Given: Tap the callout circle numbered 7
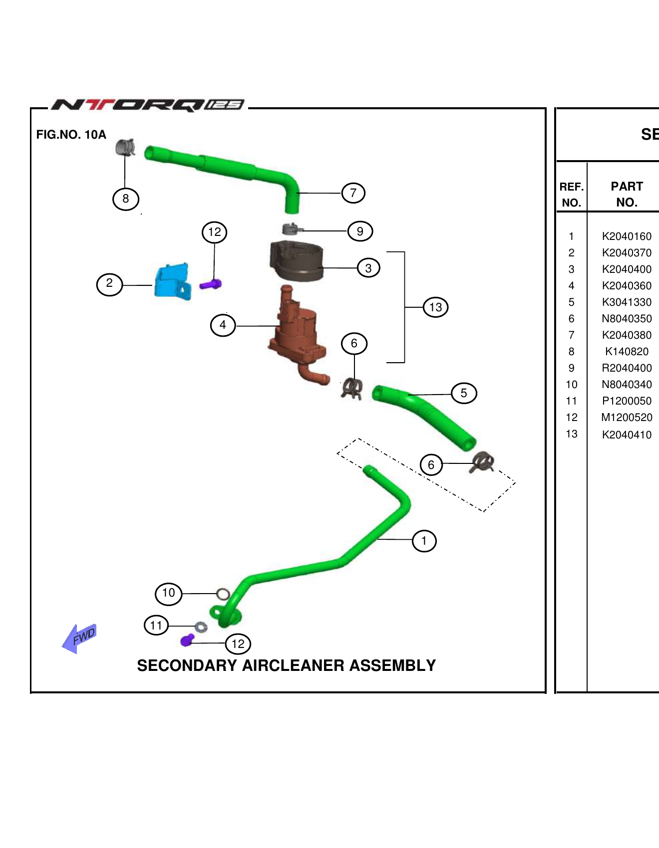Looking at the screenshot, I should tap(353, 193).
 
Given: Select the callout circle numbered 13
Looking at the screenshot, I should tap(435, 307).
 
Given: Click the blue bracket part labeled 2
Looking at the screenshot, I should tap(173, 282).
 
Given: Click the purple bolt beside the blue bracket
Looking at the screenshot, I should tap(211, 285).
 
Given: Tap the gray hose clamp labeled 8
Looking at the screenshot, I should tap(125, 147).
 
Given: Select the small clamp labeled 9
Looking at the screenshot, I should tap(292, 229).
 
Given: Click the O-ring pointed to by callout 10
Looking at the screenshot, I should tap(223, 594).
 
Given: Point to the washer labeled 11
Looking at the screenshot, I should tap(201, 627).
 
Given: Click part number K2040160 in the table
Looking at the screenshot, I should tap(627, 236).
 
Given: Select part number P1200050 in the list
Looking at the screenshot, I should tap(627, 401).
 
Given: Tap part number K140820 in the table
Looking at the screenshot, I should tap(627, 352).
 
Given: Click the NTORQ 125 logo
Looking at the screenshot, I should tap(148, 105).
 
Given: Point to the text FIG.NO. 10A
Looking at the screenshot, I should tap(71, 135).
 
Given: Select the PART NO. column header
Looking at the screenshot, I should tap(627, 194).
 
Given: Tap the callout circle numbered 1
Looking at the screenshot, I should tap(424, 541).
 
